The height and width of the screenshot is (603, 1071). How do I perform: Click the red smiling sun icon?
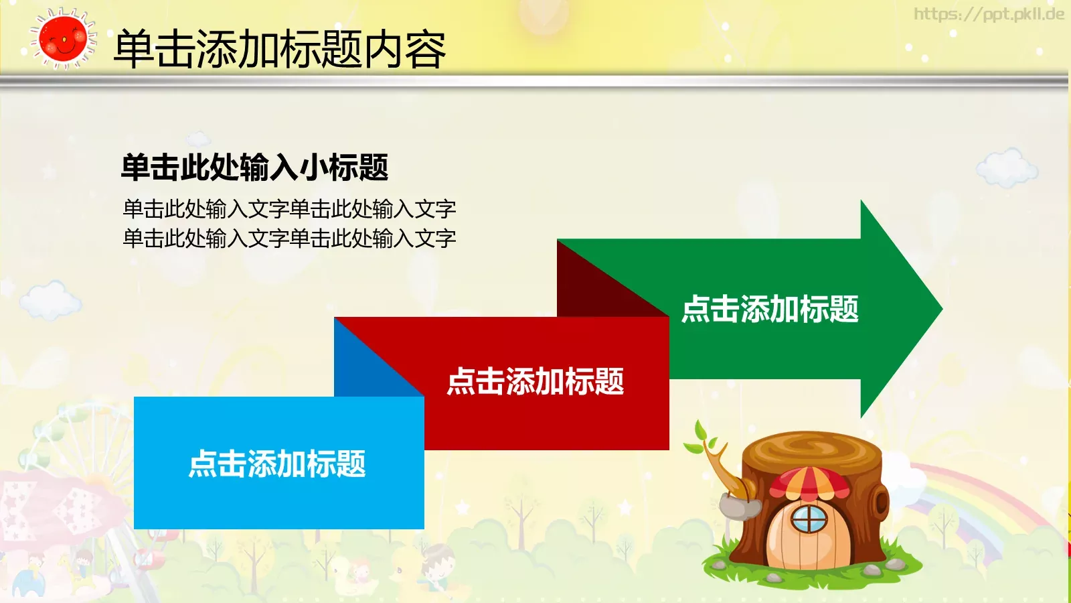(x=63, y=39)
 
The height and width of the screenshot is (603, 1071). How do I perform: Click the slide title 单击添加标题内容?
(x=280, y=50)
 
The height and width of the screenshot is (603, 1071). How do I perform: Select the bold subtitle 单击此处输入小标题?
(x=254, y=167)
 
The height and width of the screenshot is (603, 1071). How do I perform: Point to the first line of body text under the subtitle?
(x=289, y=209)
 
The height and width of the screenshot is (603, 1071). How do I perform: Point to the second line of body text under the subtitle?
(x=289, y=239)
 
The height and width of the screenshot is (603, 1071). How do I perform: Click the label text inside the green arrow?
(x=770, y=310)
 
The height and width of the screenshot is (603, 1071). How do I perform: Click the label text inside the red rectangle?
(x=535, y=382)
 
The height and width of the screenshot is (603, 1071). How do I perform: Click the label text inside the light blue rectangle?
(x=277, y=464)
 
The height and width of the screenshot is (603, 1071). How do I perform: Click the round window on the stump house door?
(x=809, y=518)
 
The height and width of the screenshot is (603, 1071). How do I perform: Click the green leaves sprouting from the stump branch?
(x=702, y=439)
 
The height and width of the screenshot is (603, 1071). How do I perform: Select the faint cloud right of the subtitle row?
(x=1006, y=167)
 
